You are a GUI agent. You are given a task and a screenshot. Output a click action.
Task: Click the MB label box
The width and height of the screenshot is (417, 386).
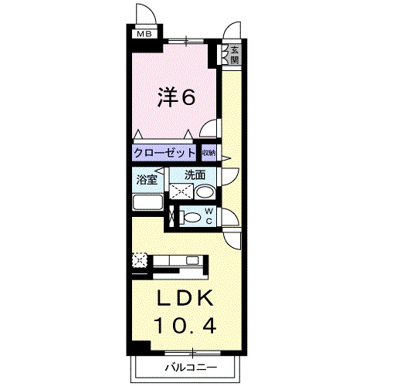[144, 33]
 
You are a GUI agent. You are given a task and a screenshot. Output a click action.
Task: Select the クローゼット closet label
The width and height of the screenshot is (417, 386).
[164, 152]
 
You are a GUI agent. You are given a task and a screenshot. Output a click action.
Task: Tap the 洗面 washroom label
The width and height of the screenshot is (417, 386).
[194, 175]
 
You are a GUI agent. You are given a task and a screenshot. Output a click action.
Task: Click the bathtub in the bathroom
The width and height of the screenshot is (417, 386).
[147, 204]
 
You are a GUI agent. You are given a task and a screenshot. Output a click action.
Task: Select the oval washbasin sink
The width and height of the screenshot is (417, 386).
[204, 191]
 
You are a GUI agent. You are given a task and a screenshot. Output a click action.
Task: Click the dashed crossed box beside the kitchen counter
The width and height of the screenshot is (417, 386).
[139, 261]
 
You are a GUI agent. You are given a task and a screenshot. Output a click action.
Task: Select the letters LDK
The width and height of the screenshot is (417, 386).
[185, 298]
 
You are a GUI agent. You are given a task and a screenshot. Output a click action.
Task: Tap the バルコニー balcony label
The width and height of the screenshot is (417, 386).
[190, 366]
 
